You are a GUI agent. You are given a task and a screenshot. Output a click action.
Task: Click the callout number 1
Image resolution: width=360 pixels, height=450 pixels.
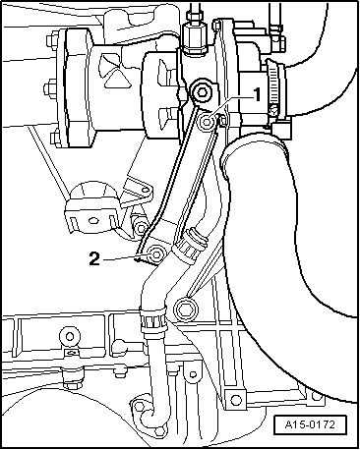[258, 95]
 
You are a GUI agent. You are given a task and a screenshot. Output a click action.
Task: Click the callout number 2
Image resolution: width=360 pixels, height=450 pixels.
[94, 258]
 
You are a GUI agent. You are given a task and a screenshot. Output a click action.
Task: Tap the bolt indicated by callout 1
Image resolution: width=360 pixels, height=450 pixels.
[207, 123]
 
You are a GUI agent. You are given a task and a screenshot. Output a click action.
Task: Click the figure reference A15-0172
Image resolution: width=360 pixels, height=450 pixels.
[310, 424]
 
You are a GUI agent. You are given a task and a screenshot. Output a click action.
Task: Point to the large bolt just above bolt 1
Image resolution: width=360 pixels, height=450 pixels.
[201, 91]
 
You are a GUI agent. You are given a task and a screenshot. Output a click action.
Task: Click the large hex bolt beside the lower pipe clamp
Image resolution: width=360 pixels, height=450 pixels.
[186, 309]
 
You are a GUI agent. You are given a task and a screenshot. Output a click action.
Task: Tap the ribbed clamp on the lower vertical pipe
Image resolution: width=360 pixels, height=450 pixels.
[152, 319]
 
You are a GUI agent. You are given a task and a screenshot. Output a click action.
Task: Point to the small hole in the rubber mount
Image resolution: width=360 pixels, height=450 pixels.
[93, 220]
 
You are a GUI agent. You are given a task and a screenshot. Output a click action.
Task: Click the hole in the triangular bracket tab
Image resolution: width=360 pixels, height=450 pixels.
[145, 190]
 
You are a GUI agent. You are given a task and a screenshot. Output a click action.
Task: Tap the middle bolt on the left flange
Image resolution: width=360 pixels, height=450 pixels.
[50, 88]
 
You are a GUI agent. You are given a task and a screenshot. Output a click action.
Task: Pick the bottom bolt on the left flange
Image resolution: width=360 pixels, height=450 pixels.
[56, 138]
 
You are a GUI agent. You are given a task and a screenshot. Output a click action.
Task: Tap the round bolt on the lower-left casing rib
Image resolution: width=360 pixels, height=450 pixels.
[70, 336]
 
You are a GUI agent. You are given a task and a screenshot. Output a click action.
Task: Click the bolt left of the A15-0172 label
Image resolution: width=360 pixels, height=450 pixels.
[235, 399]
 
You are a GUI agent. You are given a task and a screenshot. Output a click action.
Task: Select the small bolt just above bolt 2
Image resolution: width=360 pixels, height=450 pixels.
[141, 227]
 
